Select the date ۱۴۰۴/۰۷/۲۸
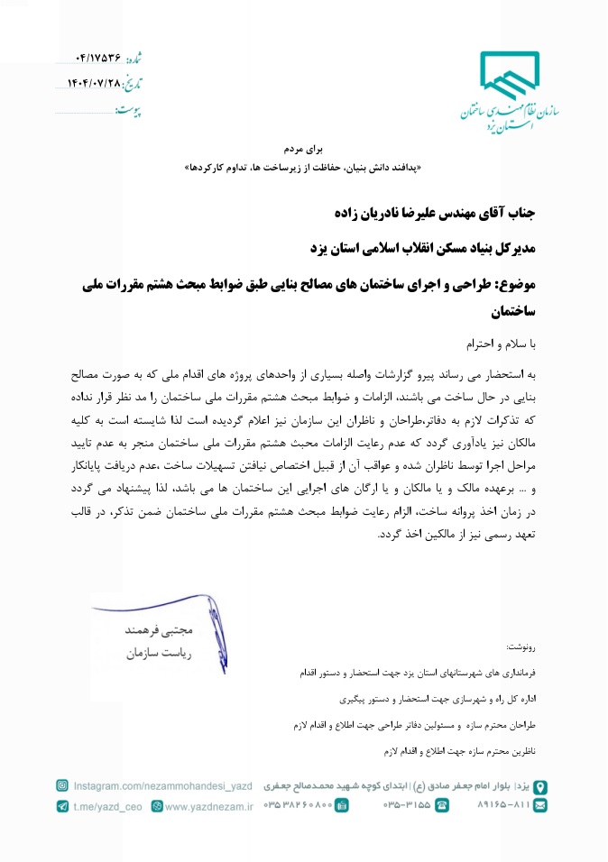tap(94, 83)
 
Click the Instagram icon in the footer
tap(62, 786)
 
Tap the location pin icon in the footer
tap(539, 786)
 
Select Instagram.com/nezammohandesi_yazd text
tap(163, 786)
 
